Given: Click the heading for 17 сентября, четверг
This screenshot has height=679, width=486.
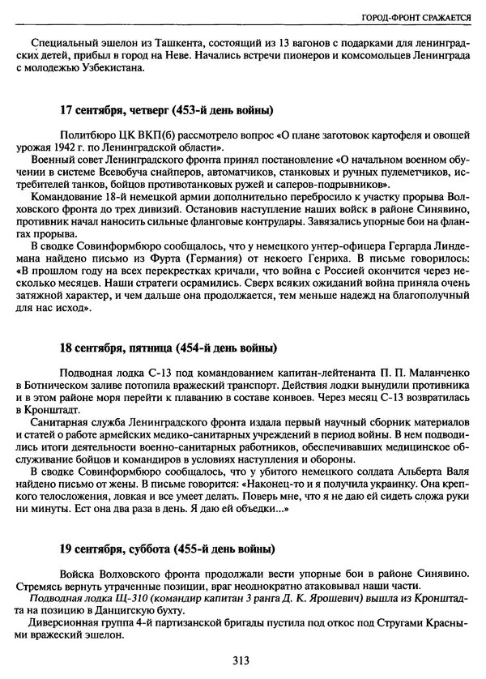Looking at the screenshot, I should pos(166,109).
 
